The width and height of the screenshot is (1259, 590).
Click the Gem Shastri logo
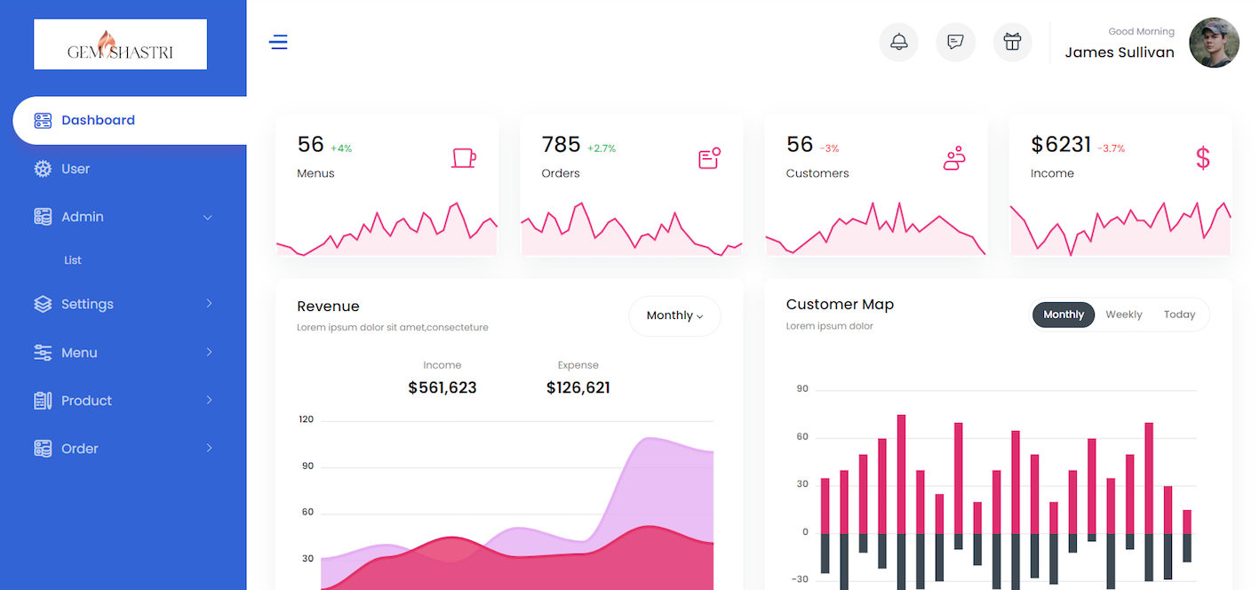coord(120,44)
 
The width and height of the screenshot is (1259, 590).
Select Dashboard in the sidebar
coord(98,121)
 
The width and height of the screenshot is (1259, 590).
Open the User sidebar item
coord(76,169)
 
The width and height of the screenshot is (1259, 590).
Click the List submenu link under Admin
coord(73,260)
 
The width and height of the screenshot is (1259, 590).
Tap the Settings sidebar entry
coord(87,304)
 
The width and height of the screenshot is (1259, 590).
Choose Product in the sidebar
coord(86,401)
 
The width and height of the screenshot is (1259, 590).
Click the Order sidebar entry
coord(79,449)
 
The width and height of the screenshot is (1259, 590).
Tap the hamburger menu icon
coord(278,42)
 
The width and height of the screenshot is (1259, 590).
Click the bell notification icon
coord(898,42)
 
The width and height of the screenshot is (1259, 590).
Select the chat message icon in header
coord(955,42)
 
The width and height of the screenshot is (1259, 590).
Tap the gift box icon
coord(1012,42)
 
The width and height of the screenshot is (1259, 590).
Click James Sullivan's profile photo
coord(1214,43)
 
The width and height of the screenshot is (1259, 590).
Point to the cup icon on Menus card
coord(463,158)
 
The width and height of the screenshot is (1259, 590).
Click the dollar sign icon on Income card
coord(1203,158)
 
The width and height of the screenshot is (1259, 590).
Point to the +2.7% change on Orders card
coord(602,148)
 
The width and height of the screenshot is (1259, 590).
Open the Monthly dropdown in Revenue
coord(674,315)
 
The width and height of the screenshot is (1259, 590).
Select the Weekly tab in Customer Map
coord(1123,315)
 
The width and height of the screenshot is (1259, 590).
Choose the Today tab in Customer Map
coord(1179,315)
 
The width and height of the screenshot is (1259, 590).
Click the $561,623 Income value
coord(442,387)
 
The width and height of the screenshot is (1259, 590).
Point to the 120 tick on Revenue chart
coord(306,419)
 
